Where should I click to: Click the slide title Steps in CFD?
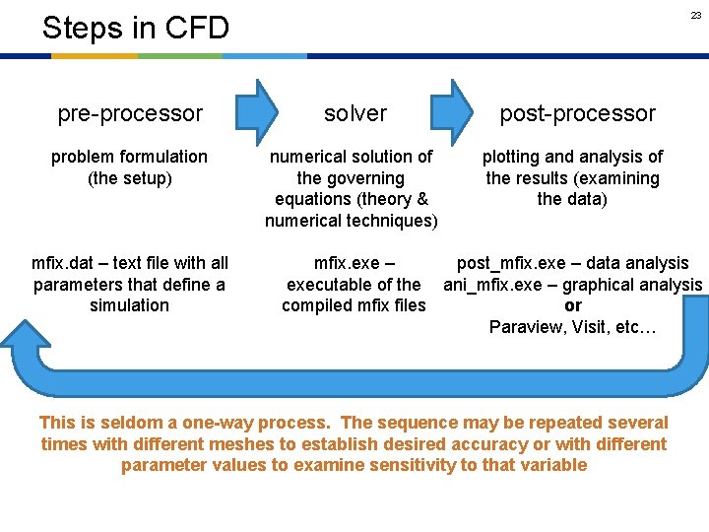(135, 28)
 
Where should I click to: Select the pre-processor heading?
(130, 113)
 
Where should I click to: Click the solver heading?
(355, 113)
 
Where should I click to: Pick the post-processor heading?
(577, 113)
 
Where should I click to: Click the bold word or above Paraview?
(573, 305)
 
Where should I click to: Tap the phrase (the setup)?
(129, 178)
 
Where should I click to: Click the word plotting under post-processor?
(513, 157)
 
